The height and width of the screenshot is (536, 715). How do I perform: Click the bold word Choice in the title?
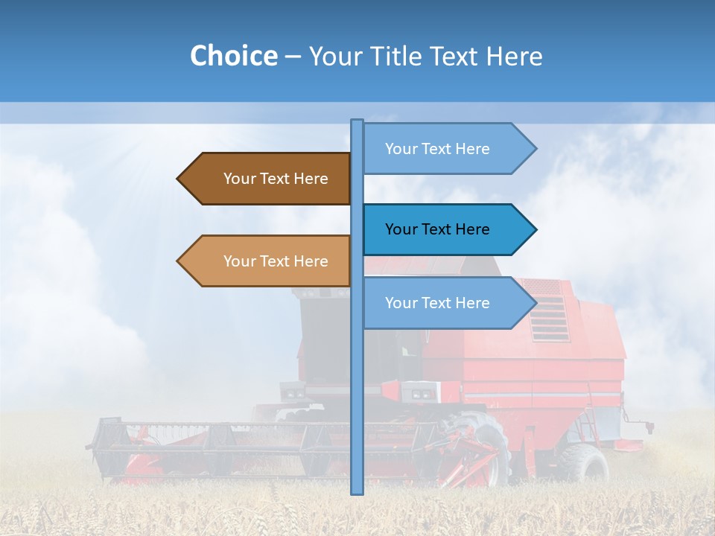[233, 56]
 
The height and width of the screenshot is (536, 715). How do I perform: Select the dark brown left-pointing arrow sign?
[268, 179]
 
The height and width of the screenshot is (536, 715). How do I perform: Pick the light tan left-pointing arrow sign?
[268, 261]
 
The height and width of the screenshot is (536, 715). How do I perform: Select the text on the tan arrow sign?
[276, 261]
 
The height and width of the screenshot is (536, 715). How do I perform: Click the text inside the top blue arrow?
[437, 149]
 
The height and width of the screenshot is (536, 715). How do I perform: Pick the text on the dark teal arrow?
[437, 229]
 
